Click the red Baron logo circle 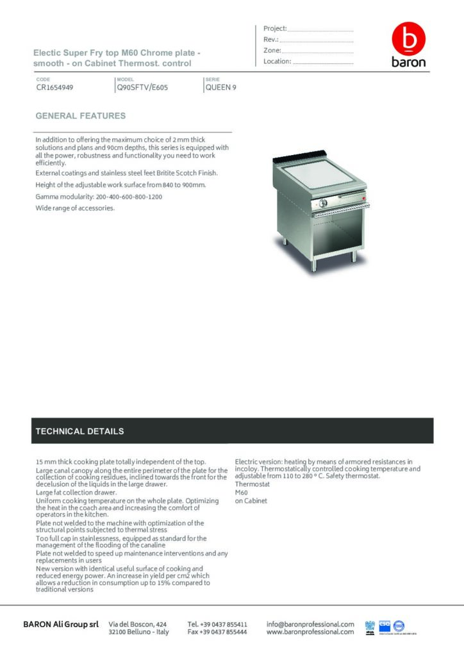click(408, 40)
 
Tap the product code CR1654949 click(54, 88)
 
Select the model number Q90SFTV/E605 click(142, 88)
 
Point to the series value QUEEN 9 click(220, 88)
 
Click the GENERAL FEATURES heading click(81, 116)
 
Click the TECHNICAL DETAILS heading click(80, 431)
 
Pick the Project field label click(275, 28)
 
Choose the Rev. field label click(270, 39)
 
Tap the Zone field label click(272, 50)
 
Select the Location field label click(278, 61)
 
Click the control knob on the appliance click(324, 204)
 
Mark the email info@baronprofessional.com click(310, 623)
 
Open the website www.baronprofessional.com click(310, 632)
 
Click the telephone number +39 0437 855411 click(217, 623)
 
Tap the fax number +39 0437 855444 click(217, 632)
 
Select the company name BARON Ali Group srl click(61, 624)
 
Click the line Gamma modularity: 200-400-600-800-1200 click(99, 197)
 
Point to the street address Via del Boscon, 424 click(138, 623)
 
